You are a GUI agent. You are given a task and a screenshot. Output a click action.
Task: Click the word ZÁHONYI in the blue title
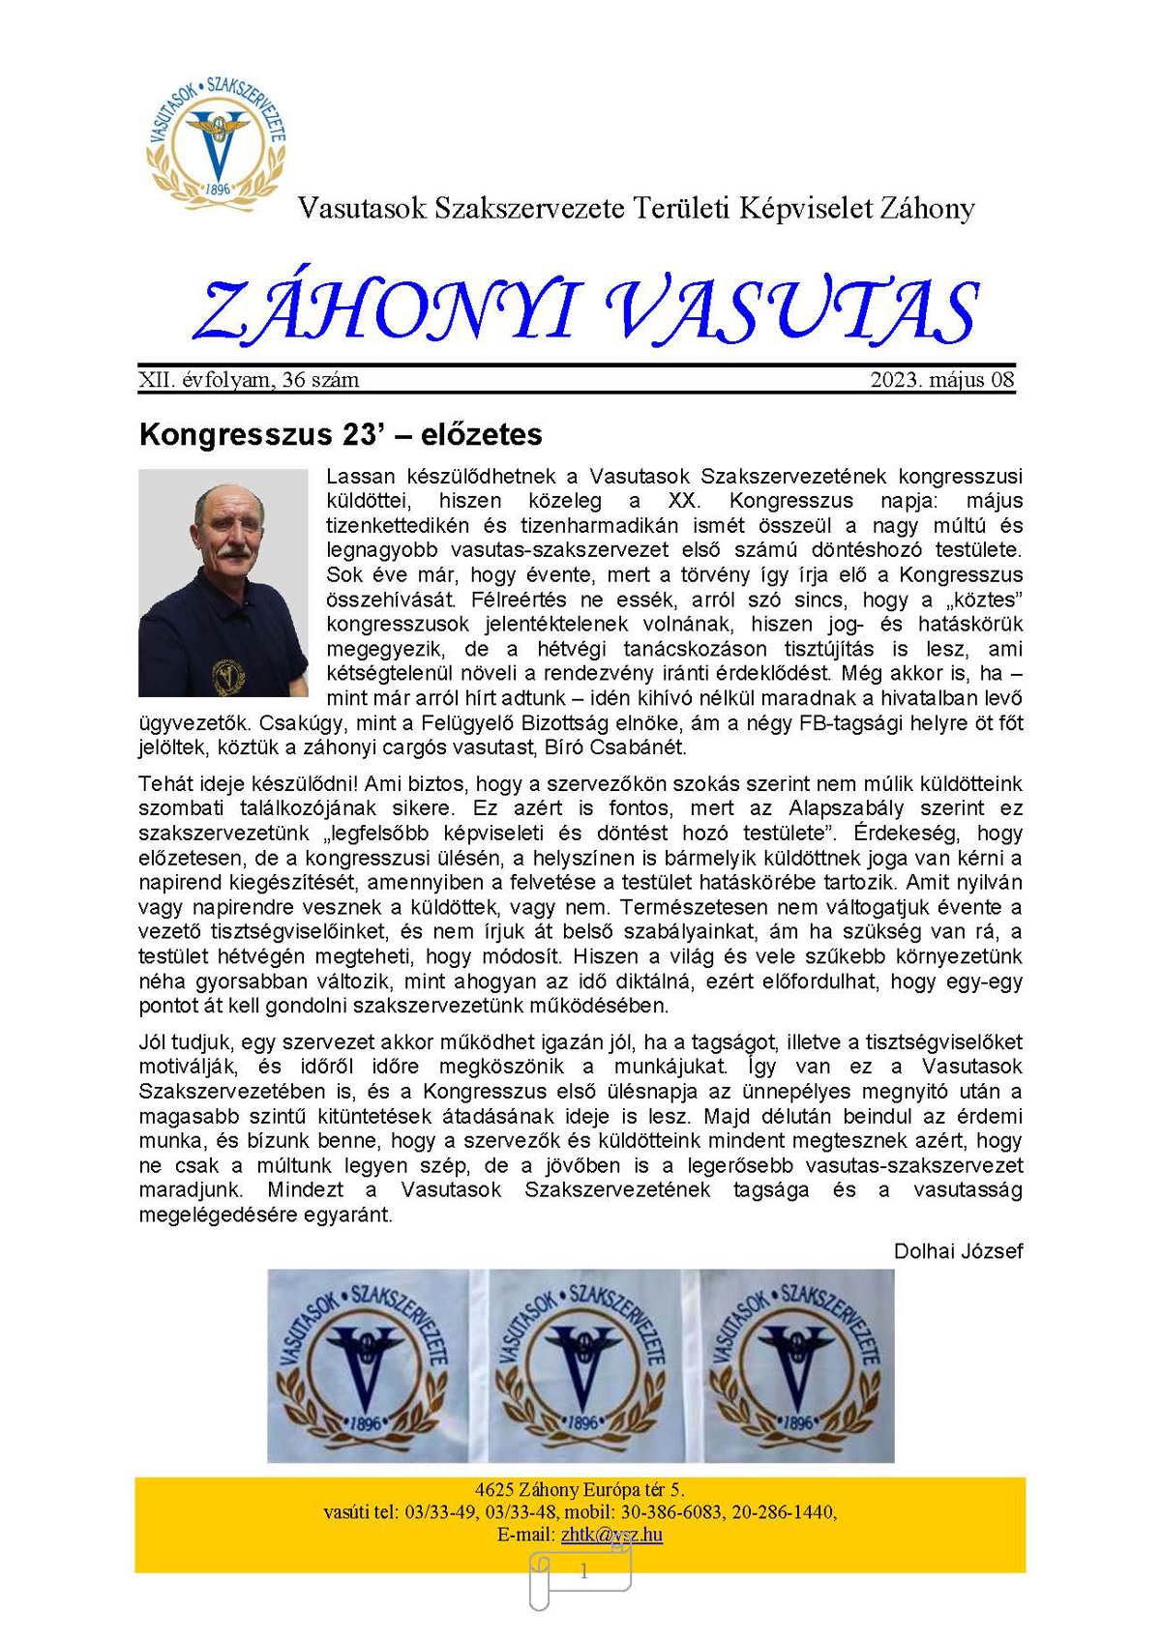coord(387,311)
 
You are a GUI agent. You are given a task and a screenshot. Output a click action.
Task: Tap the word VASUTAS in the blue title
coord(791,311)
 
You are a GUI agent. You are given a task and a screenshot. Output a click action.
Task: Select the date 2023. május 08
coord(941,380)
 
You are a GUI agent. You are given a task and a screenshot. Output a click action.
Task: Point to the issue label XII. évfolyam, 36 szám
coord(249,380)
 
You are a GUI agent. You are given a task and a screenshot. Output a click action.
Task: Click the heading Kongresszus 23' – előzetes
coord(341,434)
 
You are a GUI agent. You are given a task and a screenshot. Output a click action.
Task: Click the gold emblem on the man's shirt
coord(229,674)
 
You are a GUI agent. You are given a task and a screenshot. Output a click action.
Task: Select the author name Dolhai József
coord(958,1250)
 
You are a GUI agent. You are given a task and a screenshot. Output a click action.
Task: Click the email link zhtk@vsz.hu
coord(611,1535)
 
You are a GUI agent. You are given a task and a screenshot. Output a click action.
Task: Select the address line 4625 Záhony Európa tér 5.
coord(580,1490)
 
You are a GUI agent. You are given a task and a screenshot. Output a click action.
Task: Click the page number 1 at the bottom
coord(583,1572)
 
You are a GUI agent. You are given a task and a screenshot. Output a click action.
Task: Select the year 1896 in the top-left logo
coord(219,189)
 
